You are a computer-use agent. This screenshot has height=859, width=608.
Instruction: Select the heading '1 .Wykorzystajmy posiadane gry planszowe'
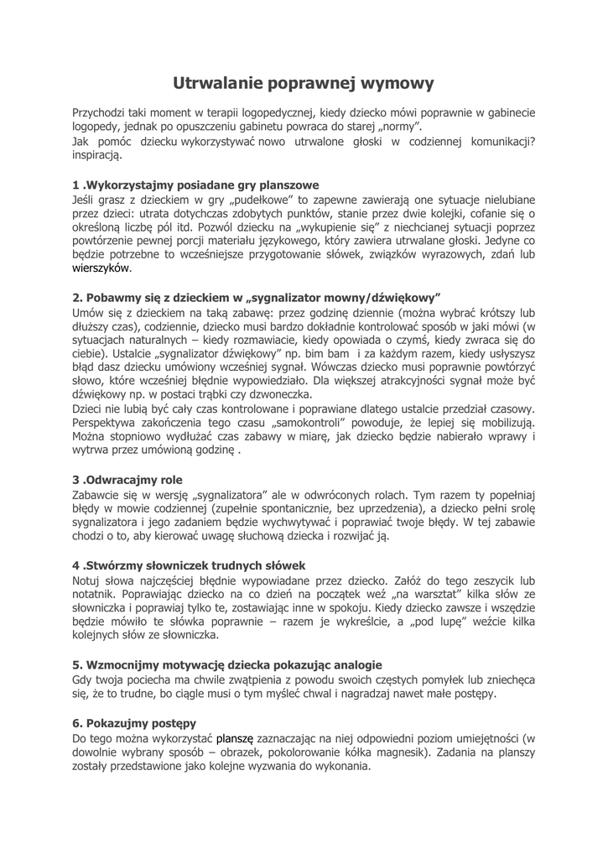195,185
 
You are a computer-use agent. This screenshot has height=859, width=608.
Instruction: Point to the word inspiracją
97,155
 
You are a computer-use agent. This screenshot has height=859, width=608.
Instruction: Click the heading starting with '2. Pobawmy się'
257,297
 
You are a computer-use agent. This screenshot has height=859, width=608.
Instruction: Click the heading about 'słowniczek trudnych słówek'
189,565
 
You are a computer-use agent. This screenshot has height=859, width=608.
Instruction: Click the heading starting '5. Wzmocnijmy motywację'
226,664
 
